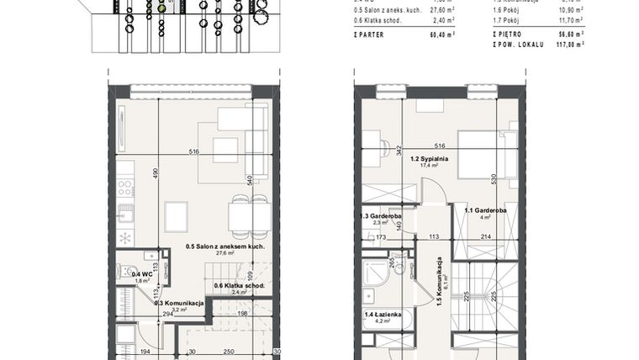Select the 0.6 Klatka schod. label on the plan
coord(240,286)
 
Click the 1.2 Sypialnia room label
coord(435,158)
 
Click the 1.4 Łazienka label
coord(383,314)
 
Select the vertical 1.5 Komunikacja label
coord(438,282)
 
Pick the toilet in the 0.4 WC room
coord(125,272)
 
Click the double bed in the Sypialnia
coord(483,153)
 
